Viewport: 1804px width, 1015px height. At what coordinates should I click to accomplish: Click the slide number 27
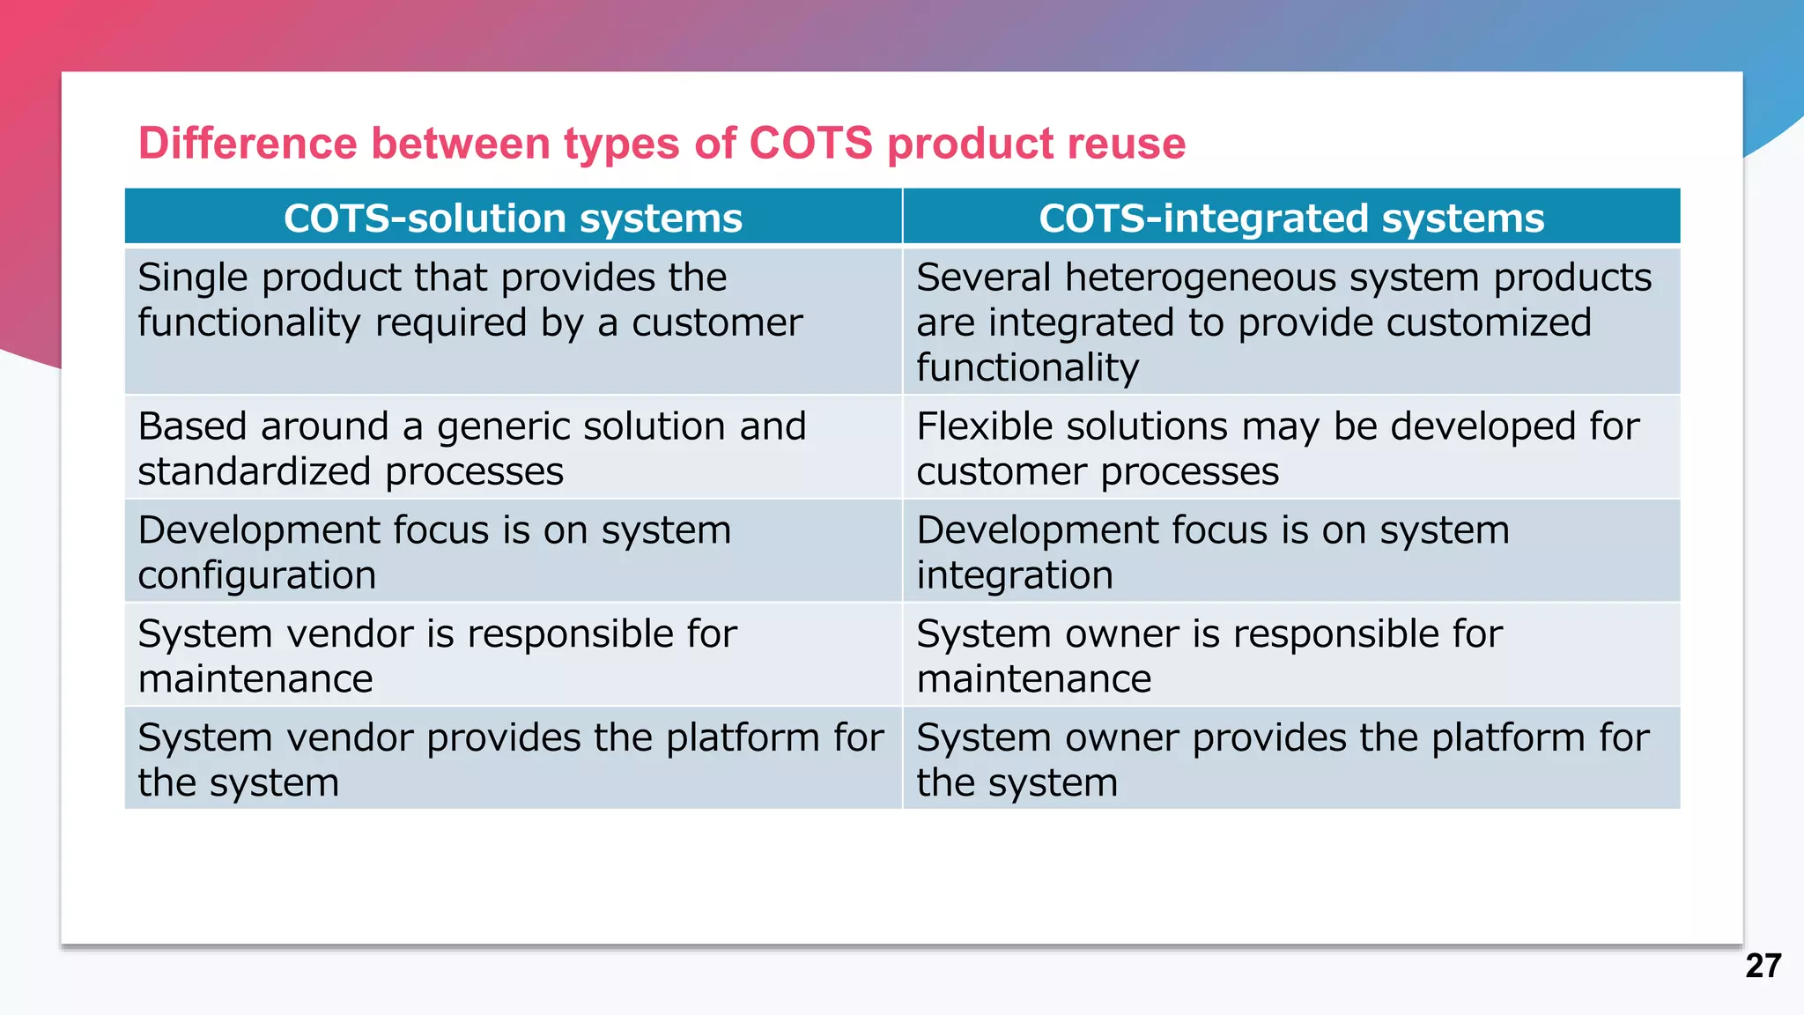[x=1763, y=966]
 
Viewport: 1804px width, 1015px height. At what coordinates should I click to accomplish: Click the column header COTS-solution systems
[x=513, y=218]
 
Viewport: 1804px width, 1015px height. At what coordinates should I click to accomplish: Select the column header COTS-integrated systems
[x=1291, y=218]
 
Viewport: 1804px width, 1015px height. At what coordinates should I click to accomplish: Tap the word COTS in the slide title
[x=810, y=143]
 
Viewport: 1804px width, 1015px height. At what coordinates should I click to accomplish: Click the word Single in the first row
[x=193, y=278]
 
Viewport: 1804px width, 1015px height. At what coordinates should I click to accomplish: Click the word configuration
[x=257, y=575]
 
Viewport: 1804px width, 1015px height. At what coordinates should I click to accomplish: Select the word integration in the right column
[x=1015, y=575]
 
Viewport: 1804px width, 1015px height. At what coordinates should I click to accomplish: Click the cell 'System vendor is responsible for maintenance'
[x=513, y=655]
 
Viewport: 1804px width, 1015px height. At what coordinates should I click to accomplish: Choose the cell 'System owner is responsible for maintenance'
[x=1291, y=655]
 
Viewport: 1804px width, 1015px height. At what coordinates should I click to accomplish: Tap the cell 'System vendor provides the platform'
[x=513, y=759]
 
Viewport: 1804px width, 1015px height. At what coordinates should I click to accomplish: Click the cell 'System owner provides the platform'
[x=1291, y=759]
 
